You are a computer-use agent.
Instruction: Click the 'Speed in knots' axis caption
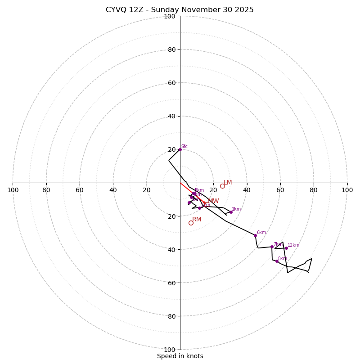180,356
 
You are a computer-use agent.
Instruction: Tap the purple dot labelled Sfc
180,149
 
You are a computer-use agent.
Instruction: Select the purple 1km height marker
231,212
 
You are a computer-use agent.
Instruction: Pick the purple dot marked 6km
255,235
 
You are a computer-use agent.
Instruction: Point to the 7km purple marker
272,247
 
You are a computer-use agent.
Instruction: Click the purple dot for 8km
277,261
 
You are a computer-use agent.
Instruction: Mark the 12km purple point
286,248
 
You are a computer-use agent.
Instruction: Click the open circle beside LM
222,186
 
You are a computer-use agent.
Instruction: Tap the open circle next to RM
191,223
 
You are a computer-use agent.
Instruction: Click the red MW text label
213,201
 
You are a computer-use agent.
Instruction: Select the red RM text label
197,220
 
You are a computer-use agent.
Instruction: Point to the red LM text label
228,183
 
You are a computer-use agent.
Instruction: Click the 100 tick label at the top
169,16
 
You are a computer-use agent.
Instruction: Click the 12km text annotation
293,245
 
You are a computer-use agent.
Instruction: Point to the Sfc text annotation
184,147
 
